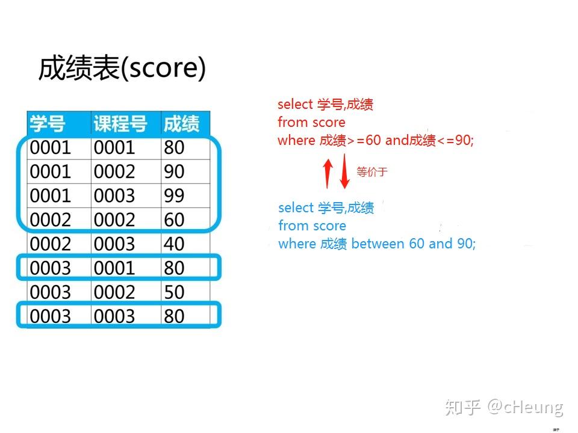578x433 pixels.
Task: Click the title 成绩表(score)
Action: [x=122, y=68]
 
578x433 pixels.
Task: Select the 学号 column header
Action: [x=48, y=123]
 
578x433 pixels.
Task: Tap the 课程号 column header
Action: [x=120, y=123]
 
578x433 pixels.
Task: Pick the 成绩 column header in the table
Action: [x=181, y=123]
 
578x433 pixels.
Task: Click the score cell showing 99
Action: [x=174, y=195]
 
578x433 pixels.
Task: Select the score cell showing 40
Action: [x=174, y=244]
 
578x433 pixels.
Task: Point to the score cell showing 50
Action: [x=174, y=292]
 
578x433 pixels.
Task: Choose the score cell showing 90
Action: [x=174, y=171]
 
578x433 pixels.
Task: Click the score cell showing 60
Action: [x=174, y=220]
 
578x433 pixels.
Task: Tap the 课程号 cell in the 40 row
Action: [x=114, y=244]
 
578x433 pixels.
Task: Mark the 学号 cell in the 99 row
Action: [x=50, y=195]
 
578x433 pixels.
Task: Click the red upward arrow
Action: [x=328, y=173]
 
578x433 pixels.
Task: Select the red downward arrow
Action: [x=344, y=171]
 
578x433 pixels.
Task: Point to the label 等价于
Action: [x=372, y=171]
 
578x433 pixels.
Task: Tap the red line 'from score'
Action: [x=311, y=122]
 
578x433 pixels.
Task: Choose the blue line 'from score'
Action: [x=312, y=226]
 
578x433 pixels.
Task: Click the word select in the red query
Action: [x=295, y=104]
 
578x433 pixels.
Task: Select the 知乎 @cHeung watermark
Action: [x=505, y=407]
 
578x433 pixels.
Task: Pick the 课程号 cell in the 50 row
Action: [x=114, y=292]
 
